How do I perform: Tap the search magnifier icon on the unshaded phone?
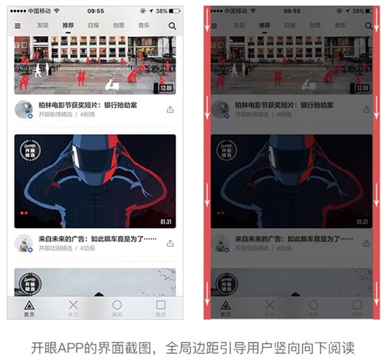[172, 25]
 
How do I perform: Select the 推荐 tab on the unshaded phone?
[68, 25]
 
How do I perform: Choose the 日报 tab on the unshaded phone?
[93, 25]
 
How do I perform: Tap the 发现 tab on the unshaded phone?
[43, 25]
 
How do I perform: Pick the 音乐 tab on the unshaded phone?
[144, 25]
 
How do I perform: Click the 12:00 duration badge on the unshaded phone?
[166, 88]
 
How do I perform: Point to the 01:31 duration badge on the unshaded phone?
[166, 221]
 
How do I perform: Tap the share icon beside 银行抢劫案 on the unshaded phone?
[170, 109]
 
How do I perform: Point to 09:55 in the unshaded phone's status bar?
[95, 11]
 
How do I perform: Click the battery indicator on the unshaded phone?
[171, 11]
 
